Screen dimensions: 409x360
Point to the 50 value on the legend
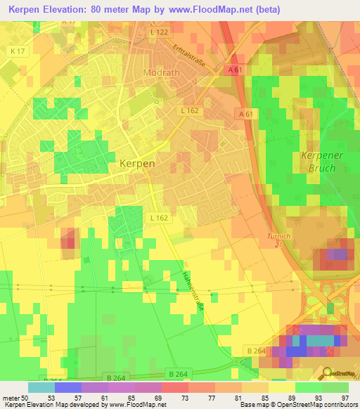coord(26,397)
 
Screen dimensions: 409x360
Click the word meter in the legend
coord(11,397)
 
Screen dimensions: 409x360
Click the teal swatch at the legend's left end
coord(41,387)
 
